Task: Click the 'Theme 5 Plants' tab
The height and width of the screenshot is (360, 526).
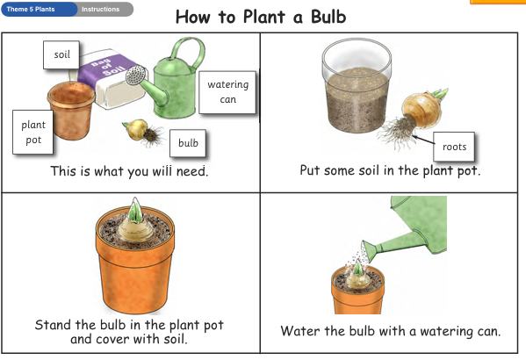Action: click(39, 9)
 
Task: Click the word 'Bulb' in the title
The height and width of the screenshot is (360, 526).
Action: click(328, 17)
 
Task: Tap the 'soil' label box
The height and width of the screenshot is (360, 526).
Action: click(61, 54)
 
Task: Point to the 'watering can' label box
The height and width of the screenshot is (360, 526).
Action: click(227, 92)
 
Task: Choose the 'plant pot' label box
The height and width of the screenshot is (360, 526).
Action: click(32, 132)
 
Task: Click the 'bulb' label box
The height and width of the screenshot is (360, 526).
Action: click(188, 143)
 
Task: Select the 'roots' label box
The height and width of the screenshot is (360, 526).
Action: click(454, 147)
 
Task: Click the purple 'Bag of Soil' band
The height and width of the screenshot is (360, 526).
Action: click(106, 71)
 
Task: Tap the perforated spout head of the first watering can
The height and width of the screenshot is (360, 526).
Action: click(136, 76)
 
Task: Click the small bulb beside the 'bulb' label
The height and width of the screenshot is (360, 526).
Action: click(137, 129)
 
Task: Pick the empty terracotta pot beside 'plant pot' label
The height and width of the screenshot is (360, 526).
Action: click(71, 110)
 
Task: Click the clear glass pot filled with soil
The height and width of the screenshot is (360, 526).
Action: click(357, 85)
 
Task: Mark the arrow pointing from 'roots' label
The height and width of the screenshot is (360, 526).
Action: click(423, 140)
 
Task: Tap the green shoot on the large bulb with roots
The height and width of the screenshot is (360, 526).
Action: click(440, 94)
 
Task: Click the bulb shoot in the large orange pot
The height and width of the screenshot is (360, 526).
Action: click(134, 211)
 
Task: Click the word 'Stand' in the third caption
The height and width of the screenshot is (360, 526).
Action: click(53, 325)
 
